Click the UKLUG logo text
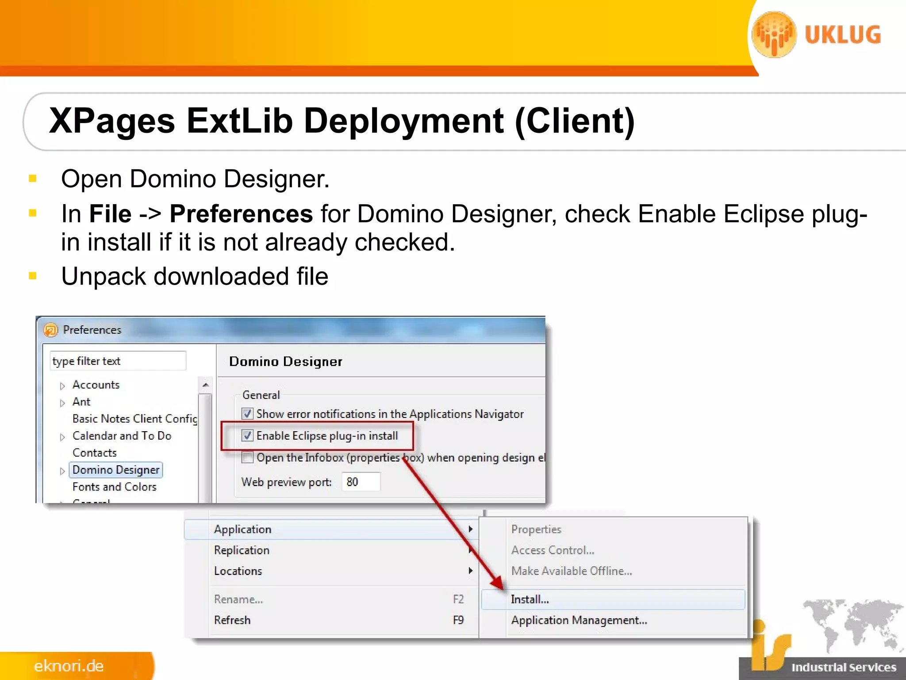[x=843, y=35]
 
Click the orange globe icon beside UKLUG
[x=774, y=35]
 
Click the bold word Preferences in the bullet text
[x=242, y=214]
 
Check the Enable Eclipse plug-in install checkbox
[x=248, y=436]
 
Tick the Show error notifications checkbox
[x=248, y=414]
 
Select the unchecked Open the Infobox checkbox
[x=248, y=457]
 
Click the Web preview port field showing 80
[x=361, y=482]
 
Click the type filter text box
[x=118, y=361]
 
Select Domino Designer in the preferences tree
[x=116, y=470]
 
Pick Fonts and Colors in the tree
[x=114, y=487]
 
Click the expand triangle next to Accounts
[x=62, y=386]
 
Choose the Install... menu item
[x=530, y=599]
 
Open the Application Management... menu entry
[x=579, y=620]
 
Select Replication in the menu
[x=242, y=550]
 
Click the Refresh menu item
[x=232, y=620]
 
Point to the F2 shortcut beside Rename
[x=458, y=599]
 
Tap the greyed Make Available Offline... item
[x=572, y=571]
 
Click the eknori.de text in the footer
[x=69, y=666]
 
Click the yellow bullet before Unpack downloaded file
[x=32, y=276]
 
